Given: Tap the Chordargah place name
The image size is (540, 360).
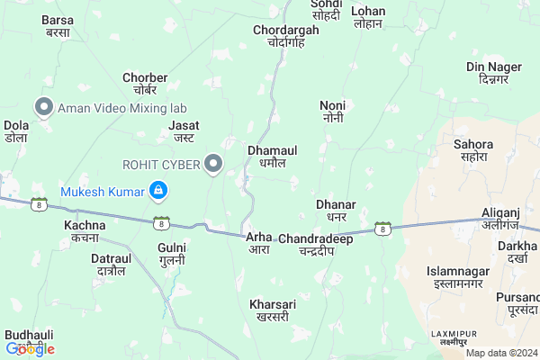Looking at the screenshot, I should (286, 35).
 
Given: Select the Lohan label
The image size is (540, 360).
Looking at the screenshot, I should (368, 17).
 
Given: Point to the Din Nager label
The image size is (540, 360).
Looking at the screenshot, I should (494, 73).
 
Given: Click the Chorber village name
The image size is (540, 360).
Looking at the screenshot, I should (145, 84).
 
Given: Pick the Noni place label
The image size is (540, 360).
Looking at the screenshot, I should (332, 112).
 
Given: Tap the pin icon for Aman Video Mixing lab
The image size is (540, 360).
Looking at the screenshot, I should (42, 107).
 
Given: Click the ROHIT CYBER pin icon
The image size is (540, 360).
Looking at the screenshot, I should (213, 164).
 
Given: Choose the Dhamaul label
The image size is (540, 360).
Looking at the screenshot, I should (272, 157).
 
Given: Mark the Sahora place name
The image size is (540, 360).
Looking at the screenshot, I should (472, 150).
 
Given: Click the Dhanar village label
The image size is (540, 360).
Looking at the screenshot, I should (337, 211).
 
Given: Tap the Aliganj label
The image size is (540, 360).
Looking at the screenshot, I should (501, 217).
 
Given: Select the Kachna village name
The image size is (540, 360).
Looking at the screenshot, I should (85, 230).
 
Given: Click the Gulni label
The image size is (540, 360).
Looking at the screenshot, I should (171, 253).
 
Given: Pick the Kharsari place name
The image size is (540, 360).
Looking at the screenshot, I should (272, 310).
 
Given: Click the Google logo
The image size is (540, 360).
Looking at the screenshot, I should (30, 349).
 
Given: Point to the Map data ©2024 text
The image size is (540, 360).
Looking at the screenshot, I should (501, 353).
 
